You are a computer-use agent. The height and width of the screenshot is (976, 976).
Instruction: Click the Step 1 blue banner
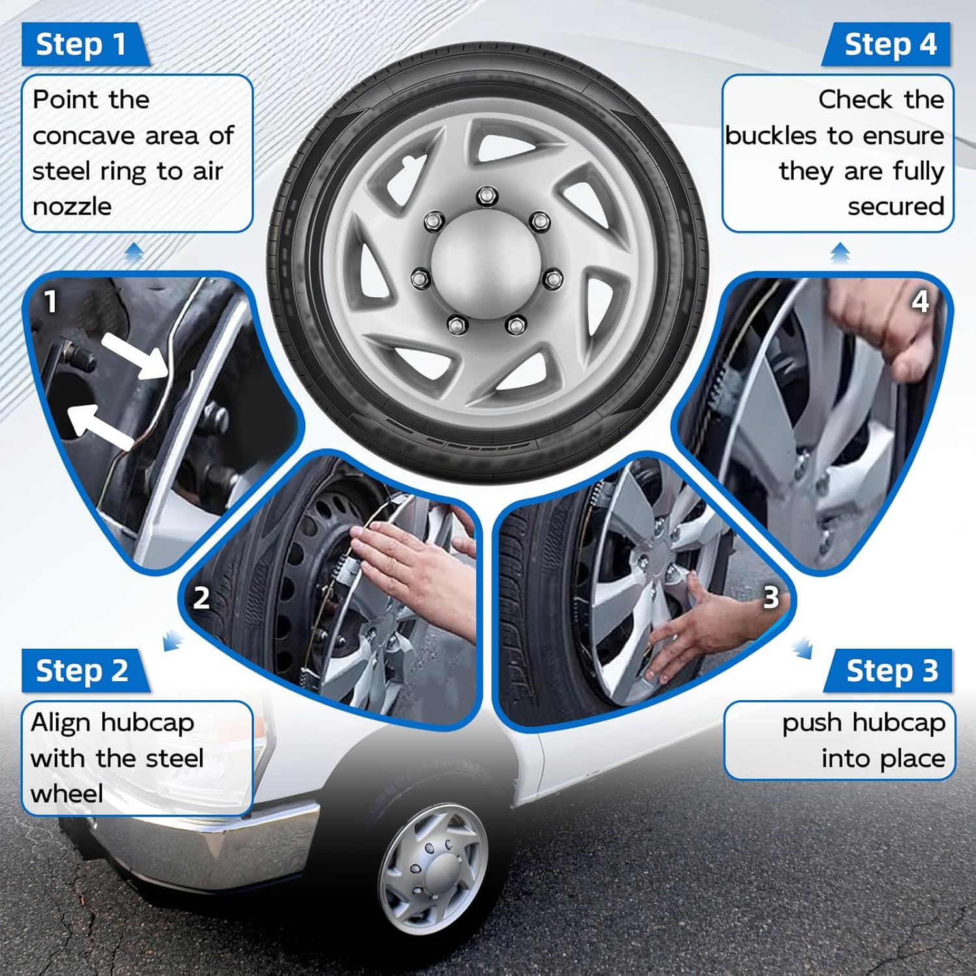pos(81,44)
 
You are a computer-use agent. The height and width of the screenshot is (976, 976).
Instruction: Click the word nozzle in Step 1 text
pos(72,207)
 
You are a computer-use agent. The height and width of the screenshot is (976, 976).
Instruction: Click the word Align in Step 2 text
pos(61,723)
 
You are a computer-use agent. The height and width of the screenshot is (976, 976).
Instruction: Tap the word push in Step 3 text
pos(812,723)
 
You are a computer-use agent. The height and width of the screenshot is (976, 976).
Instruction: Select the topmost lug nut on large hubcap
pos(485,195)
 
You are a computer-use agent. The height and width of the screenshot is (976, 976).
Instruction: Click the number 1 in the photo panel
pos(50,301)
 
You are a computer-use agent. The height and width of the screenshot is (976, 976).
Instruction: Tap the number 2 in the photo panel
pos(201,597)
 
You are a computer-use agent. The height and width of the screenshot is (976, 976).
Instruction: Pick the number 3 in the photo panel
pos(770,597)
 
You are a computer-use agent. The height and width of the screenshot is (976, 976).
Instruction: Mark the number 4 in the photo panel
pos(919,301)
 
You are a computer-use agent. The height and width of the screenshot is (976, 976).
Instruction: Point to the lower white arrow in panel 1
pos(101,426)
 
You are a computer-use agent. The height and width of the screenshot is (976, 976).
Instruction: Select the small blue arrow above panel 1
pos(134,252)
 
